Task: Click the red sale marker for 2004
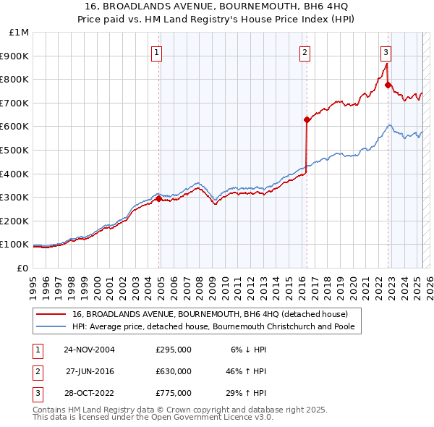[x=159, y=198]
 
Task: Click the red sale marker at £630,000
[x=307, y=119]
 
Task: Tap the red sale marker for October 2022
[x=388, y=85]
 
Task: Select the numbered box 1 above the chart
[x=156, y=51]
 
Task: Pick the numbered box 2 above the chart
[x=305, y=51]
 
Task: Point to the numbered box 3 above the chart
[x=386, y=51]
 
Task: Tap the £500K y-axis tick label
[x=15, y=150]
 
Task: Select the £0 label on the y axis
[x=22, y=268]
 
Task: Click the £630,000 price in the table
[x=174, y=371]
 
